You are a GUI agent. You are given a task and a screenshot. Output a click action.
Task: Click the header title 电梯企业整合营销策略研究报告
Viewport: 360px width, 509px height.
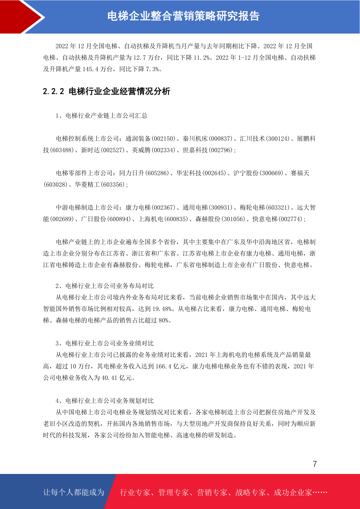[x=183, y=16]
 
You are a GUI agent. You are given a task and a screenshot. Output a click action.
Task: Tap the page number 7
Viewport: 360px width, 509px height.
[x=315, y=464]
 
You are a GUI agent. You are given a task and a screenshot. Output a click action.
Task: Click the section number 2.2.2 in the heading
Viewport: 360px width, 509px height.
[x=54, y=91]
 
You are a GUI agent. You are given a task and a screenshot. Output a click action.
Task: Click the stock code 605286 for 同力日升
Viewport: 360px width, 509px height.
[x=157, y=173]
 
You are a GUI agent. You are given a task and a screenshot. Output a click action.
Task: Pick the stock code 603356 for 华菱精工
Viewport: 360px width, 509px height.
[x=112, y=185]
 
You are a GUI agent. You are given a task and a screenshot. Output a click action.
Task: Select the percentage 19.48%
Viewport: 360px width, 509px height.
[x=162, y=309]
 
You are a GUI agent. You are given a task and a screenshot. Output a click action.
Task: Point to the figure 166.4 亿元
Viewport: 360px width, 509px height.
[x=170, y=366]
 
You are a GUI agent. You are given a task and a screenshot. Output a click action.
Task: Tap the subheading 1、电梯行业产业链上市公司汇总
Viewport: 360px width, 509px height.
[x=101, y=116]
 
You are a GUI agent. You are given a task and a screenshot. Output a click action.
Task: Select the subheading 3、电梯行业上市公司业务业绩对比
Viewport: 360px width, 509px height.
[x=105, y=343]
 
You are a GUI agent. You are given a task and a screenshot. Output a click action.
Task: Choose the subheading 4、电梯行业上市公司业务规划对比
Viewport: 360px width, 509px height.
[x=105, y=401]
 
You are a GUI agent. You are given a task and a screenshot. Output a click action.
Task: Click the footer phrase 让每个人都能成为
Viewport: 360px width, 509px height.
[x=74, y=492]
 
